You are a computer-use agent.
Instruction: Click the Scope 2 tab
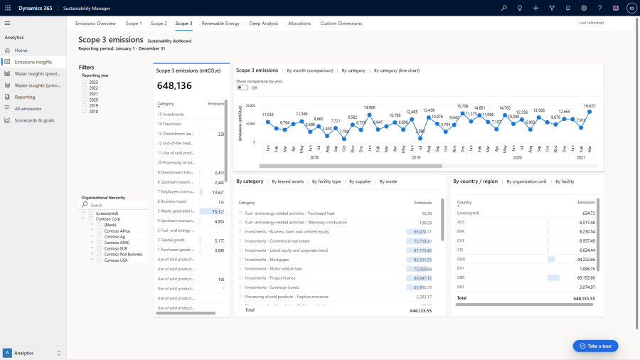point(159,23)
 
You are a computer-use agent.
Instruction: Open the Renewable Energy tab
point(220,23)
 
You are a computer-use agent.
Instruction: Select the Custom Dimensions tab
point(341,23)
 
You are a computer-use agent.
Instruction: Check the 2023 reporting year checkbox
point(85,83)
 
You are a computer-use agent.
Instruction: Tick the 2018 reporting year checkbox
point(85,111)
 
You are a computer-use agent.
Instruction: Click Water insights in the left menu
point(37,74)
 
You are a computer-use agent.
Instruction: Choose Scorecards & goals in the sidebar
point(34,120)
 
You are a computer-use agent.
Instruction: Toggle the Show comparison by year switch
point(243,88)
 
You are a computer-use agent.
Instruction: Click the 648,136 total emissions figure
point(174,86)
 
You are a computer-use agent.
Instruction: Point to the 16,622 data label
point(590,105)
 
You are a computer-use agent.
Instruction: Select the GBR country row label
point(462,277)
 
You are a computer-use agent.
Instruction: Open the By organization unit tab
point(526,181)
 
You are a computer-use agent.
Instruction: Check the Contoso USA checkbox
point(100,260)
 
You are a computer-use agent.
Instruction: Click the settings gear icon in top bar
point(584,8)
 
